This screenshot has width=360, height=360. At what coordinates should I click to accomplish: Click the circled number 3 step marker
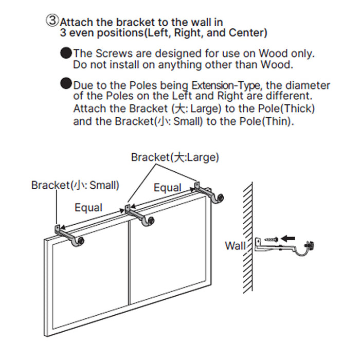[x=53, y=21]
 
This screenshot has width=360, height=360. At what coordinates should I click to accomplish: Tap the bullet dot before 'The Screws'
[x=66, y=53]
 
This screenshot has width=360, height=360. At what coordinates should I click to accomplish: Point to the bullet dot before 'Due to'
[x=66, y=84]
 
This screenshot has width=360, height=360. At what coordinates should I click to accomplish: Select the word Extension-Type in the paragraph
[x=225, y=85]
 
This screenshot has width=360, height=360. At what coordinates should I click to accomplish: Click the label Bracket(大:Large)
[x=175, y=157]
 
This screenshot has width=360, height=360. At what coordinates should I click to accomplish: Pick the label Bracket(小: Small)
[x=75, y=185]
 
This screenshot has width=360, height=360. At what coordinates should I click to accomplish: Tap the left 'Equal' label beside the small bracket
[x=88, y=208]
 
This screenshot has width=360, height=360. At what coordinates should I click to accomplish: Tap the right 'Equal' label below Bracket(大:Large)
[x=168, y=188]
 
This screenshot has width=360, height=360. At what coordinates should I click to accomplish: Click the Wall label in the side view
[x=236, y=245]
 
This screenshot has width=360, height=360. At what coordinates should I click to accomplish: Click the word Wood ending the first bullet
[x=278, y=65]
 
